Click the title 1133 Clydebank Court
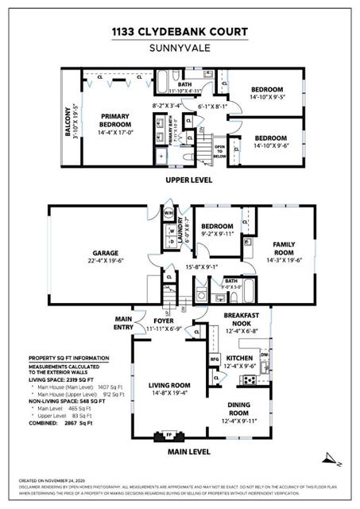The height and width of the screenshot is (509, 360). pyautogui.click(x=180, y=32)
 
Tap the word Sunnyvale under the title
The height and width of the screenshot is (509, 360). pyautogui.click(x=180, y=47)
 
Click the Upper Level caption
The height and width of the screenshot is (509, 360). pyautogui.click(x=188, y=181)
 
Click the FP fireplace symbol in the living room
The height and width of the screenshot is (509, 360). pyautogui.click(x=168, y=436)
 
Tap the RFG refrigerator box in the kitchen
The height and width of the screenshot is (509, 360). pyautogui.click(x=214, y=359)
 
